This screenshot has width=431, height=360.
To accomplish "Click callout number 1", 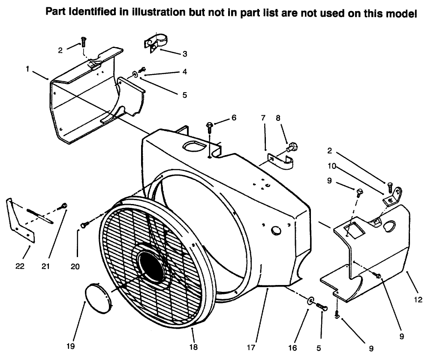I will point(27,69).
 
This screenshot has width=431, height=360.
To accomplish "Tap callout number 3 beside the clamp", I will point(184,54).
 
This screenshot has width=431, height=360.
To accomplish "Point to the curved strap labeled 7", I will point(281,162).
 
